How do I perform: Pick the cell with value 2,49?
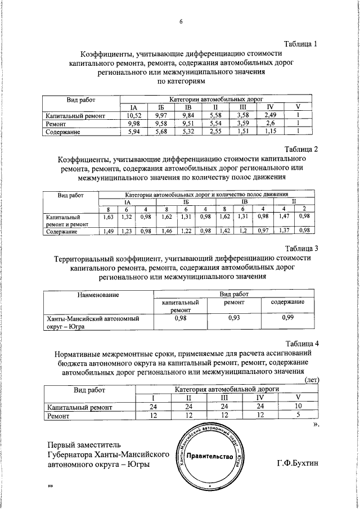[270, 115]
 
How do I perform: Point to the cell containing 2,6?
[270, 123]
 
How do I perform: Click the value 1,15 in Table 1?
[270, 132]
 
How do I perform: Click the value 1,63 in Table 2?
[109, 216]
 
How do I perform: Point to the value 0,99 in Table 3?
[287, 318]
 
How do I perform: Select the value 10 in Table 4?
[298, 407]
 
